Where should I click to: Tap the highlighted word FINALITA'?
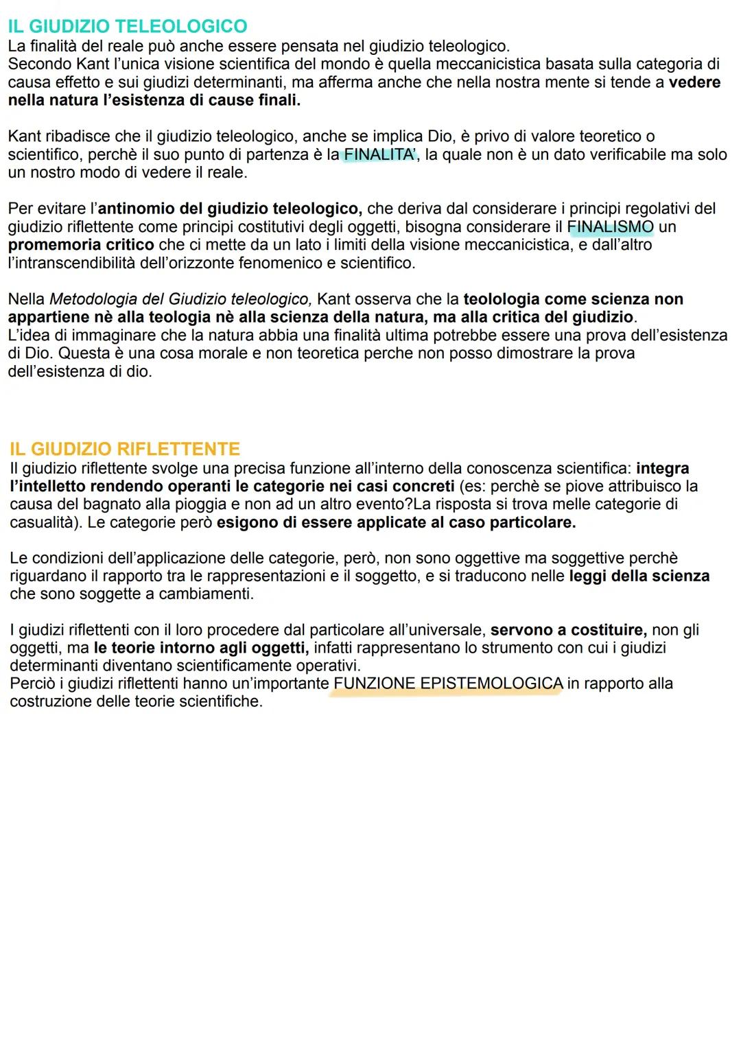click(379, 154)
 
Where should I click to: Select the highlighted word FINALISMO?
click(610, 226)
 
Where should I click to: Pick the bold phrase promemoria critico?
click(81, 245)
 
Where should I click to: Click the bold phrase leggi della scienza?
click(639, 576)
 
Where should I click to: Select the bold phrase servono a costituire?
click(568, 630)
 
